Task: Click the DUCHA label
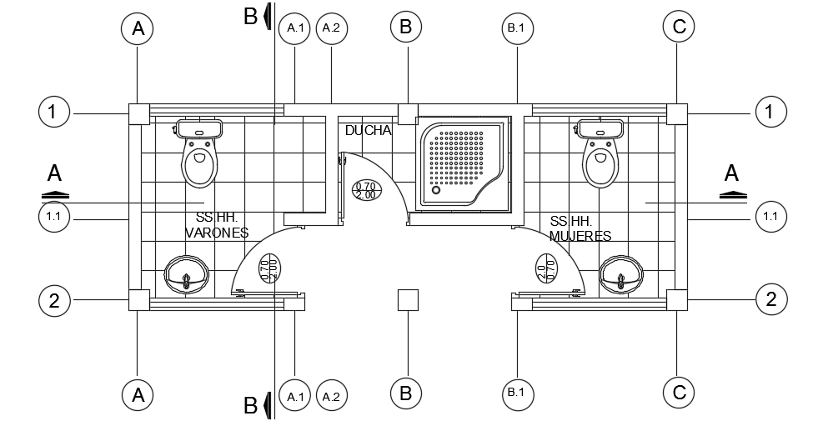pos(368,131)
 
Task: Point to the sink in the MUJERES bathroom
pos(620,274)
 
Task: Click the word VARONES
pos(217,233)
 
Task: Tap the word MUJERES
pos(580,236)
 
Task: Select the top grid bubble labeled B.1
pos(516,28)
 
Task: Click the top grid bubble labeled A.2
pos(332,28)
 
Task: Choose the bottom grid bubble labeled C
pos(679,393)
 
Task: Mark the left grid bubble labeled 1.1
pos(54,218)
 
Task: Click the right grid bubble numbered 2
pos(770,299)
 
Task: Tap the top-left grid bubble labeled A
pos(138,28)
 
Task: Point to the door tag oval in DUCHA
pos(365,190)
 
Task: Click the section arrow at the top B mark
pos(267,16)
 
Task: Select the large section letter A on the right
pos(731,174)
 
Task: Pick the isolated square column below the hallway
pos(407,300)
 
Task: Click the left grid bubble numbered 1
pos(54,112)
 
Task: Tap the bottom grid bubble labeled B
pos(407,393)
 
